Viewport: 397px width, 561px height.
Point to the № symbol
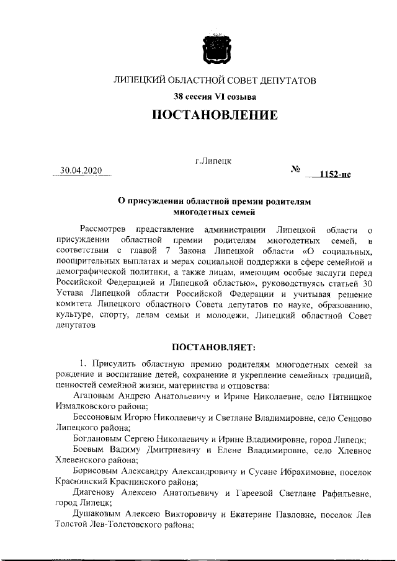pyautogui.click(x=295, y=169)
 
